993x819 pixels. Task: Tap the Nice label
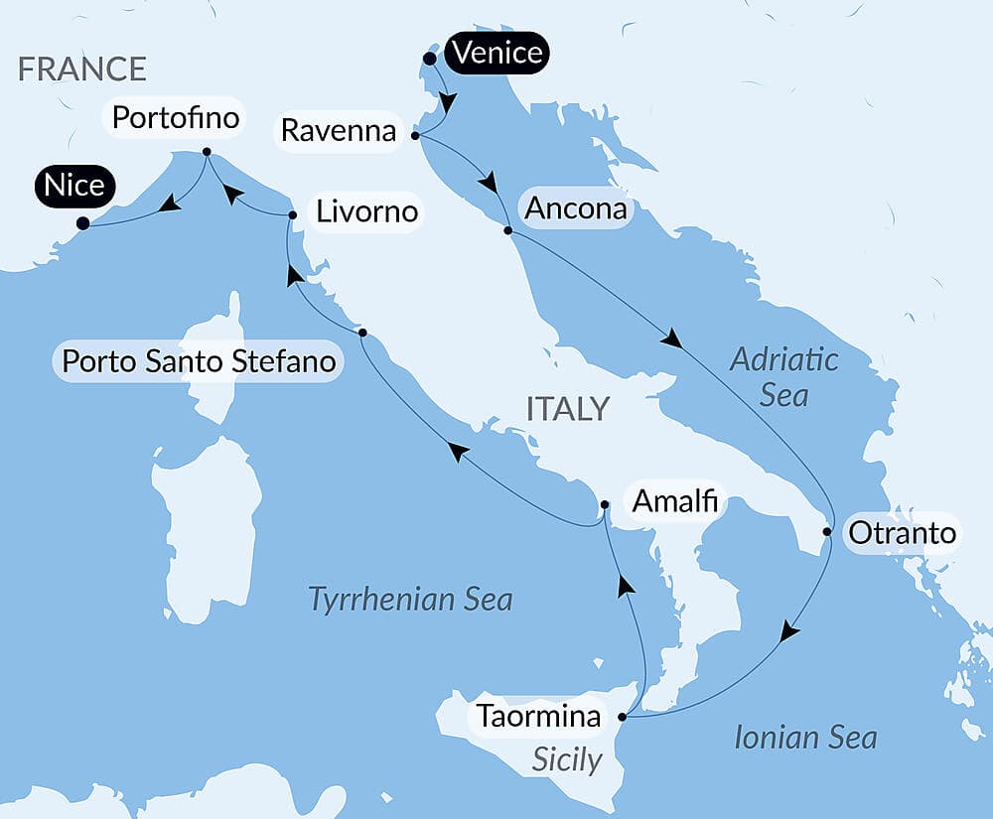pos(74,186)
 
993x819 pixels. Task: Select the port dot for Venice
pos(429,59)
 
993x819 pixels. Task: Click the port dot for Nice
pos(83,223)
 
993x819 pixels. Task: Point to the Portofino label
pos(176,118)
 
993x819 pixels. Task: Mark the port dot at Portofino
pos(207,152)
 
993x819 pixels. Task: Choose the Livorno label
pos(366,211)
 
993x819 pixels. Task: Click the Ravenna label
pos(339,130)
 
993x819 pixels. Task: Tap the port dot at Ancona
pos(507,230)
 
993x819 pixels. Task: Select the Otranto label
pos(902,533)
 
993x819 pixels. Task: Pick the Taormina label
pos(538,716)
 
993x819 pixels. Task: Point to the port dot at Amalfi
pos(605,504)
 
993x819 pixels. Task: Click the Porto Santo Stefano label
pos(199,361)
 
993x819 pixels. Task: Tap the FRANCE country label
pos(82,68)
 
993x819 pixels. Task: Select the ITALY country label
pos(567,409)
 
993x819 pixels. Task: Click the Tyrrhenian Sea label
pos(410,600)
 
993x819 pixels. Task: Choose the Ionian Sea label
pos(805,738)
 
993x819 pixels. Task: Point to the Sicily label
pos(567,759)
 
